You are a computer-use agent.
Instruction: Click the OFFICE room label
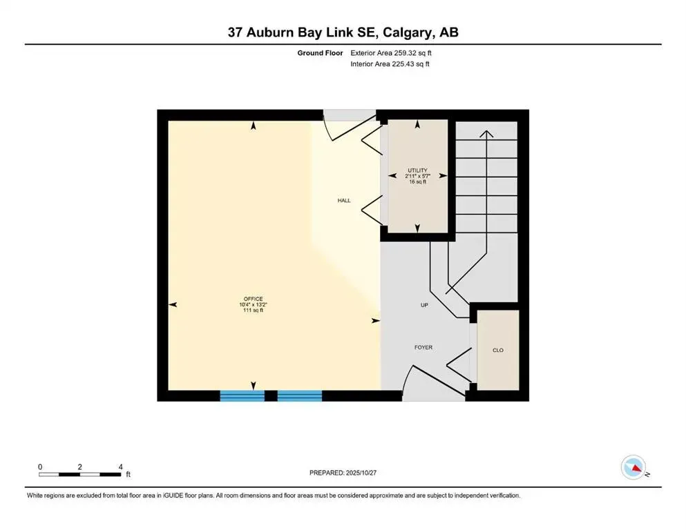tap(253, 299)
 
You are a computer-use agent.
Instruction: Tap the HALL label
tap(343, 201)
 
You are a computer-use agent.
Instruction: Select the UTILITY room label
tap(417, 170)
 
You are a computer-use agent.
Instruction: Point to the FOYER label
tap(423, 348)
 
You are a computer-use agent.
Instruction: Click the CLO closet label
tap(497, 351)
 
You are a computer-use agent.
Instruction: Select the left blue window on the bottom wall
tap(242, 395)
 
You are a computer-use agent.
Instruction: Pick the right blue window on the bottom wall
tap(300, 395)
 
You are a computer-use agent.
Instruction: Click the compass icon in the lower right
tap(633, 468)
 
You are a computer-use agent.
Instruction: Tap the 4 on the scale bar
tap(121, 467)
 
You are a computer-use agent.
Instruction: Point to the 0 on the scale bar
tap(40, 467)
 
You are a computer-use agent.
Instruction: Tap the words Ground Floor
tap(320, 52)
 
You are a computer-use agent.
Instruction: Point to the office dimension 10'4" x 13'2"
tap(253, 305)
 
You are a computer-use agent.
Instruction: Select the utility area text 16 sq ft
tap(417, 181)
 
